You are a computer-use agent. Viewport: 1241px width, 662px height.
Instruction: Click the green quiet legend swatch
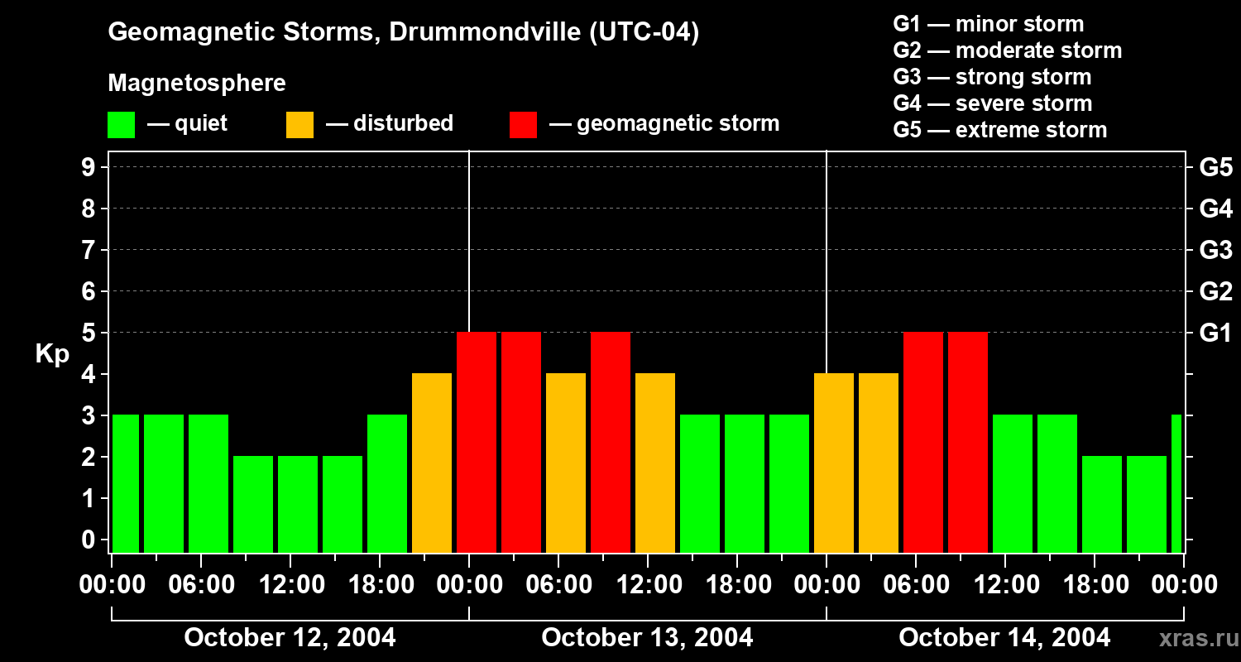(121, 125)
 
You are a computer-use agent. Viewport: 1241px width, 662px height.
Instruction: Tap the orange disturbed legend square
(299, 125)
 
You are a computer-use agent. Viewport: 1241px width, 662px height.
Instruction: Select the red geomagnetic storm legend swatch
(523, 125)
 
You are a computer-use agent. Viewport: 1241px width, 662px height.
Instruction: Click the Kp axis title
(52, 354)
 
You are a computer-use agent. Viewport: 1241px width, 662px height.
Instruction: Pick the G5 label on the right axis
(1215, 167)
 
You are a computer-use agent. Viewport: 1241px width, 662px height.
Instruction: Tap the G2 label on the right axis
(1215, 291)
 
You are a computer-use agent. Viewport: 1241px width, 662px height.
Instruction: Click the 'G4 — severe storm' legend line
(992, 103)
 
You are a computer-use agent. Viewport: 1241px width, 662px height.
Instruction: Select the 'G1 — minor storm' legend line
(988, 24)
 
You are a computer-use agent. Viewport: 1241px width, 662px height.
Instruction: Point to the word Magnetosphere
(197, 84)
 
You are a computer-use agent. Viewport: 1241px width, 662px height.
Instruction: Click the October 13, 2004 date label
(647, 638)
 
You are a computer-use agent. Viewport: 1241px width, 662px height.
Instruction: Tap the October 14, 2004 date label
(1004, 638)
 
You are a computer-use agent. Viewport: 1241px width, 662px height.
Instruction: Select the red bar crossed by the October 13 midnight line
(477, 442)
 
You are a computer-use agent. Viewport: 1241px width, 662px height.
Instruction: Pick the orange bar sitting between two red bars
(566, 463)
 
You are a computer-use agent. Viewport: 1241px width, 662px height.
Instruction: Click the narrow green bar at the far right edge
(1176, 483)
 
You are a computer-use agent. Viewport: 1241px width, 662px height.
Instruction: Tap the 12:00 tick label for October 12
(290, 584)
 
